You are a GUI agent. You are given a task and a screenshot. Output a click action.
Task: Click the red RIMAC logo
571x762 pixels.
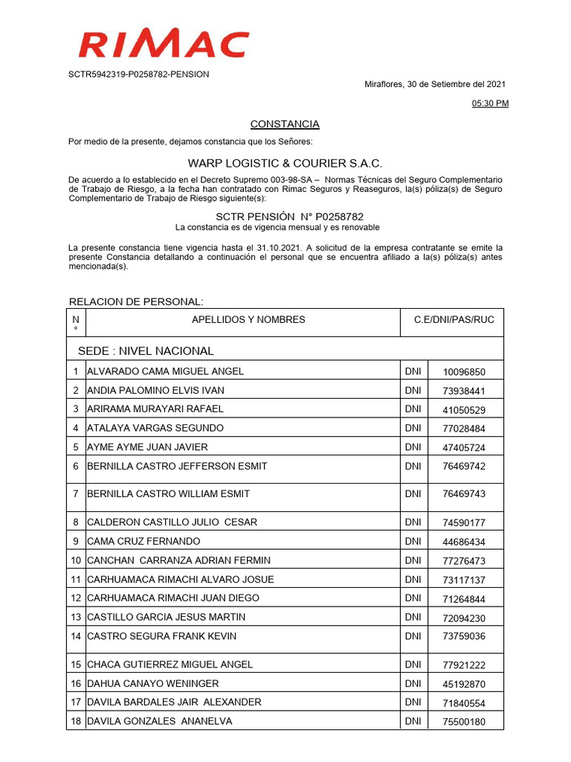pyautogui.click(x=164, y=45)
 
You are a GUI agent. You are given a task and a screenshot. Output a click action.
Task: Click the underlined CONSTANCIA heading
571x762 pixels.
pyautogui.click(x=285, y=124)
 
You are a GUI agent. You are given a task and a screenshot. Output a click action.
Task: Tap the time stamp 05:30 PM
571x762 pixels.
pyautogui.click(x=491, y=104)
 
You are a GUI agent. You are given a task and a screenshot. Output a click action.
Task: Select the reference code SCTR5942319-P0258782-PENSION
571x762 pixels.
pyautogui.click(x=139, y=74)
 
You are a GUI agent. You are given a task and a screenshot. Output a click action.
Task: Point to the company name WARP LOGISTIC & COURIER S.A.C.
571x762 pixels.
pyautogui.click(x=285, y=163)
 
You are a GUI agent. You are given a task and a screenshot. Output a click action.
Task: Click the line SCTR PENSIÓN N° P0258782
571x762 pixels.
pyautogui.click(x=285, y=217)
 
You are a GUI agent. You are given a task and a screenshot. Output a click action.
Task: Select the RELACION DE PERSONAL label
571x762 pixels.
pyautogui.click(x=136, y=301)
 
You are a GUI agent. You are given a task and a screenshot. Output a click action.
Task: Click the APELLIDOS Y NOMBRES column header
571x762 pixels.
pyautogui.click(x=248, y=320)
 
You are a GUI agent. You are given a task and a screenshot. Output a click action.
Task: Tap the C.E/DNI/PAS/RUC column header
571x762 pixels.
pyautogui.click(x=454, y=320)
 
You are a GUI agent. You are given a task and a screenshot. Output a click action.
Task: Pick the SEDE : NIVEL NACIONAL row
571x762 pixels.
pyautogui.click(x=146, y=350)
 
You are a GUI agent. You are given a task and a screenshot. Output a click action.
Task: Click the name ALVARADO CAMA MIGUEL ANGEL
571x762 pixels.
pyautogui.click(x=166, y=371)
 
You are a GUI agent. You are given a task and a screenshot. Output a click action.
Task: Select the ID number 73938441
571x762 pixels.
pyautogui.click(x=464, y=391)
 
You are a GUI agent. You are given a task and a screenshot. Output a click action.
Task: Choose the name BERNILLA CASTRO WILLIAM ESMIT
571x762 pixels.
pyautogui.click(x=169, y=494)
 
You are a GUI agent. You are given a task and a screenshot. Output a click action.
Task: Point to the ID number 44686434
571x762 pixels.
pyautogui.click(x=464, y=542)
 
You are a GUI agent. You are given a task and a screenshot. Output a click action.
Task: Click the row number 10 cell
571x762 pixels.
pyautogui.click(x=75, y=560)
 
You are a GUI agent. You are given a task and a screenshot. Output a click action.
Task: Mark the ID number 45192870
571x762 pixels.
pyautogui.click(x=464, y=684)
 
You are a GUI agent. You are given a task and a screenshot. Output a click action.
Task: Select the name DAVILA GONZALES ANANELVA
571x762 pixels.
pyautogui.click(x=160, y=721)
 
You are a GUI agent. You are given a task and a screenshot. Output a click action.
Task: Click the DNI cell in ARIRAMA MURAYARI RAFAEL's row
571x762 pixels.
pyautogui.click(x=413, y=409)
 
